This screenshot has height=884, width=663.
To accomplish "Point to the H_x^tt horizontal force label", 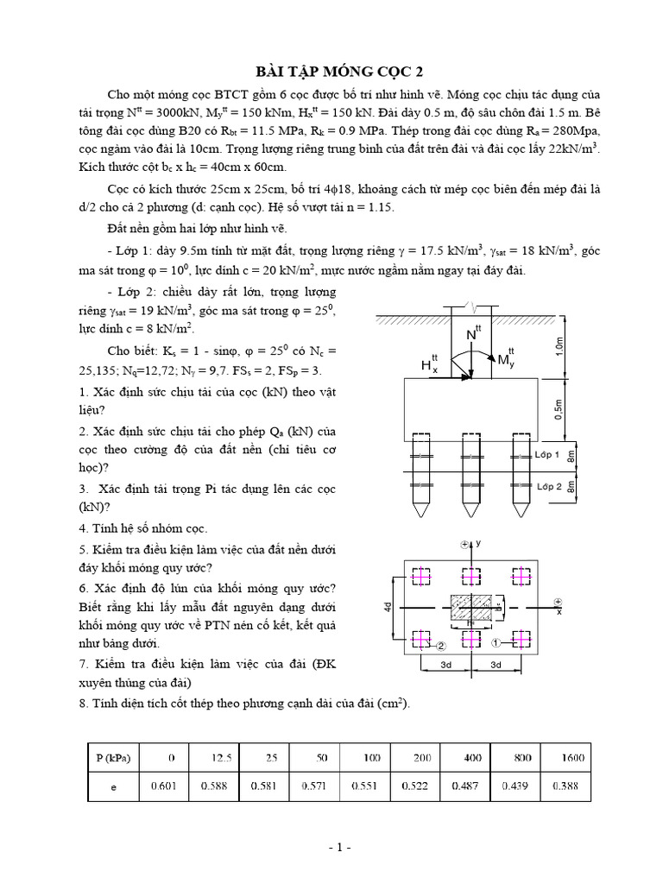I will pyautogui.click(x=429, y=365).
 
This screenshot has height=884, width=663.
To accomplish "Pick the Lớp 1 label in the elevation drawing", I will pyautogui.click(x=548, y=454).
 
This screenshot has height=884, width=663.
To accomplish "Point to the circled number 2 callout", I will pyautogui.click(x=439, y=645).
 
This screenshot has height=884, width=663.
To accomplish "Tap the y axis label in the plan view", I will pyautogui.click(x=477, y=543).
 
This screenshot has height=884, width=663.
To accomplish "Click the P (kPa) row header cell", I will pyautogui.click(x=112, y=757).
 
